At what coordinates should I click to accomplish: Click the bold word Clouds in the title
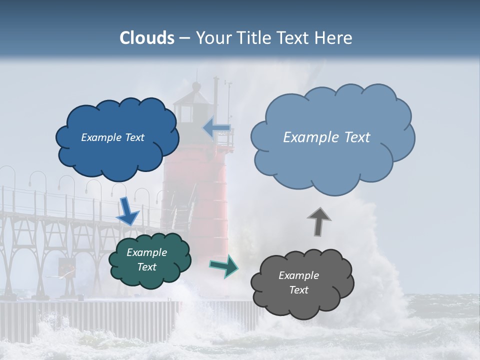(x=147, y=38)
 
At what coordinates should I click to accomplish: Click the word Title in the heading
(x=255, y=38)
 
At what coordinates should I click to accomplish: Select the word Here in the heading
(x=334, y=38)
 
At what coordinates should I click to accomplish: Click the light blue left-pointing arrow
(x=216, y=128)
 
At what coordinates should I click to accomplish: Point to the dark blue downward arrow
(x=128, y=211)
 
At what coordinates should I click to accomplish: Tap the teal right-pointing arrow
(x=224, y=266)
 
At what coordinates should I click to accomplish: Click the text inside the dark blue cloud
(x=112, y=137)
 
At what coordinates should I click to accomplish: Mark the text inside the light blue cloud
(x=326, y=137)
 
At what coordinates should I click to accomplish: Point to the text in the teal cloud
(x=146, y=259)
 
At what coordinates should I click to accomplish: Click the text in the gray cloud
(x=298, y=282)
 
